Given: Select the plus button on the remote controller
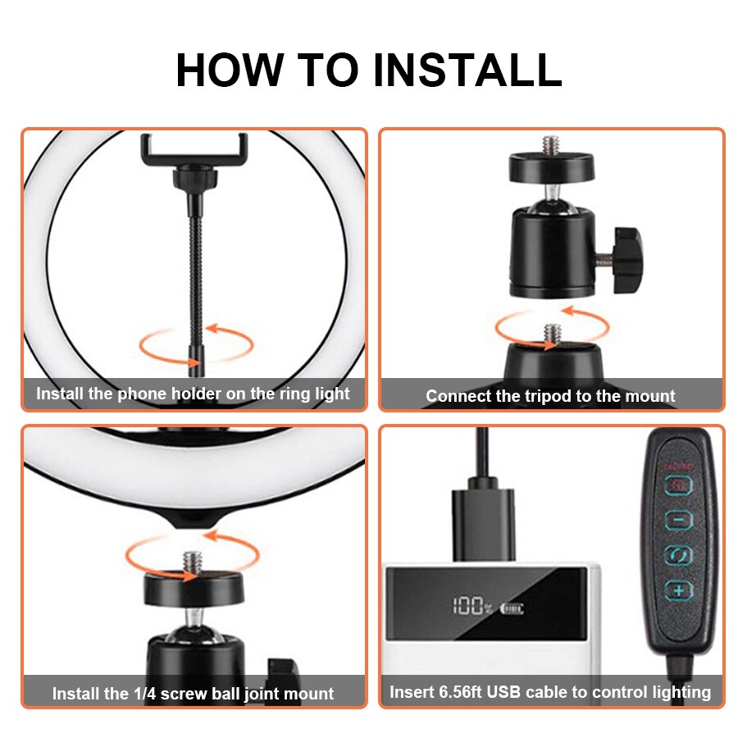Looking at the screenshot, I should click(678, 590).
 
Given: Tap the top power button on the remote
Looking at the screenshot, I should click(678, 485).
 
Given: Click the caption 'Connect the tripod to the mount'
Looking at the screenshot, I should click(550, 396).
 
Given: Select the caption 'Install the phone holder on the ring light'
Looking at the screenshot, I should click(193, 394).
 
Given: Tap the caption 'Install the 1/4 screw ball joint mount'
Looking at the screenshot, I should click(193, 693).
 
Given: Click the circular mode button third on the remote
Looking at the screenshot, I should click(678, 555).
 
